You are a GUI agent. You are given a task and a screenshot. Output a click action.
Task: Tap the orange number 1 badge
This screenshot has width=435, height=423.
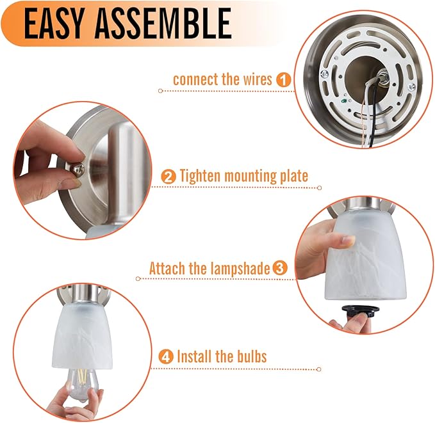[283, 80]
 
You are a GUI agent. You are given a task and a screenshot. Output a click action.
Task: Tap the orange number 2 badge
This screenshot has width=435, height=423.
[168, 177]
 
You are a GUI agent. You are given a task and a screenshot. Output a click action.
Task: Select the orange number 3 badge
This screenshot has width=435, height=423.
[280, 268]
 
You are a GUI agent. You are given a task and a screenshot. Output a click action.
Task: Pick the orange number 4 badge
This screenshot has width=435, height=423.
[166, 356]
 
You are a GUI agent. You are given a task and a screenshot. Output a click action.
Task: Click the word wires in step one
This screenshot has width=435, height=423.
[258, 79]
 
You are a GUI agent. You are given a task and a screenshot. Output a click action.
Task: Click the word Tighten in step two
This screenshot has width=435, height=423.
[201, 176]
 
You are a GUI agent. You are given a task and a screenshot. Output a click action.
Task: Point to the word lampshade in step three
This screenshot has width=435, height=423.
[240, 268]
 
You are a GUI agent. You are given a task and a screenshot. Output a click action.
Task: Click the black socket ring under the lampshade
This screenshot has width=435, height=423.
[361, 310]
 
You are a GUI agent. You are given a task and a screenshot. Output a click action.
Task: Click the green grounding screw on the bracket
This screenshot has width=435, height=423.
[344, 101]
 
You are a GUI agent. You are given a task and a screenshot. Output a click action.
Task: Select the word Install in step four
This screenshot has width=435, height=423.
[195, 356]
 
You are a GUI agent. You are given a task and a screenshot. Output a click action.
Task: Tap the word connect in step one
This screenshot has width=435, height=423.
[196, 80]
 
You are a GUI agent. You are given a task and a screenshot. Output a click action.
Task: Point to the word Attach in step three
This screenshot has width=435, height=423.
[167, 268]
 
